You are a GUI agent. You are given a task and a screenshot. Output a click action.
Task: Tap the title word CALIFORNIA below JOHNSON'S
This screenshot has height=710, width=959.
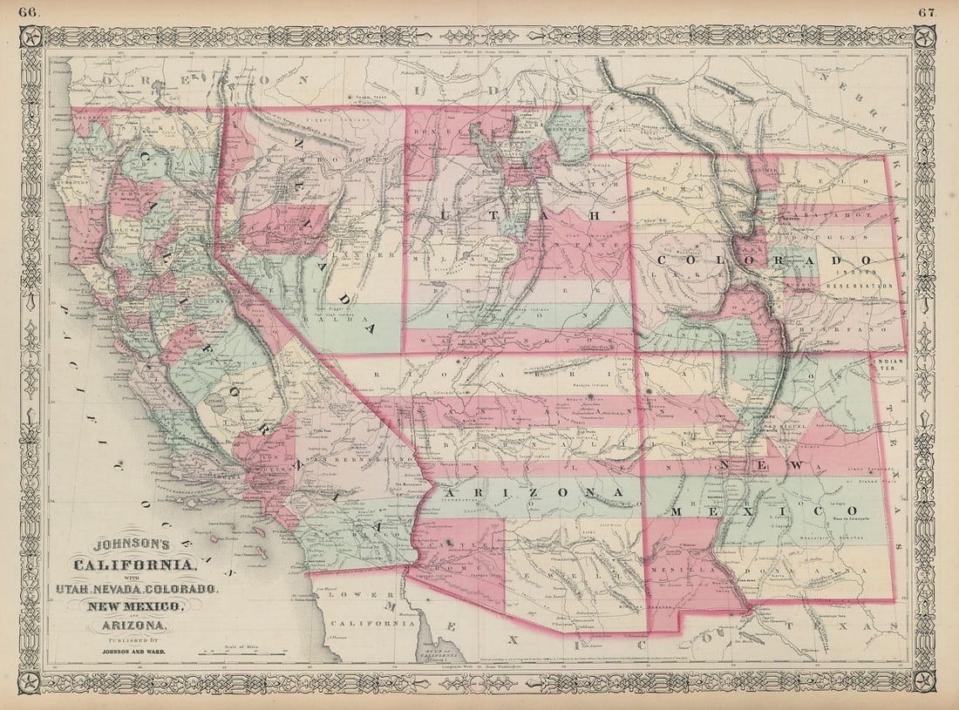pyautogui.click(x=135, y=565)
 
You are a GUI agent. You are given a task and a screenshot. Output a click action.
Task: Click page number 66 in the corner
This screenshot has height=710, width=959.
pyautogui.click(x=29, y=11)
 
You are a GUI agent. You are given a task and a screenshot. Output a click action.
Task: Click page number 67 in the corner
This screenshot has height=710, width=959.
pyautogui.click(x=927, y=11)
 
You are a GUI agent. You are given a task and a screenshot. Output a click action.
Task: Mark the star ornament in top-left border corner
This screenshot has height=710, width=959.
pyautogui.click(x=31, y=37)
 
